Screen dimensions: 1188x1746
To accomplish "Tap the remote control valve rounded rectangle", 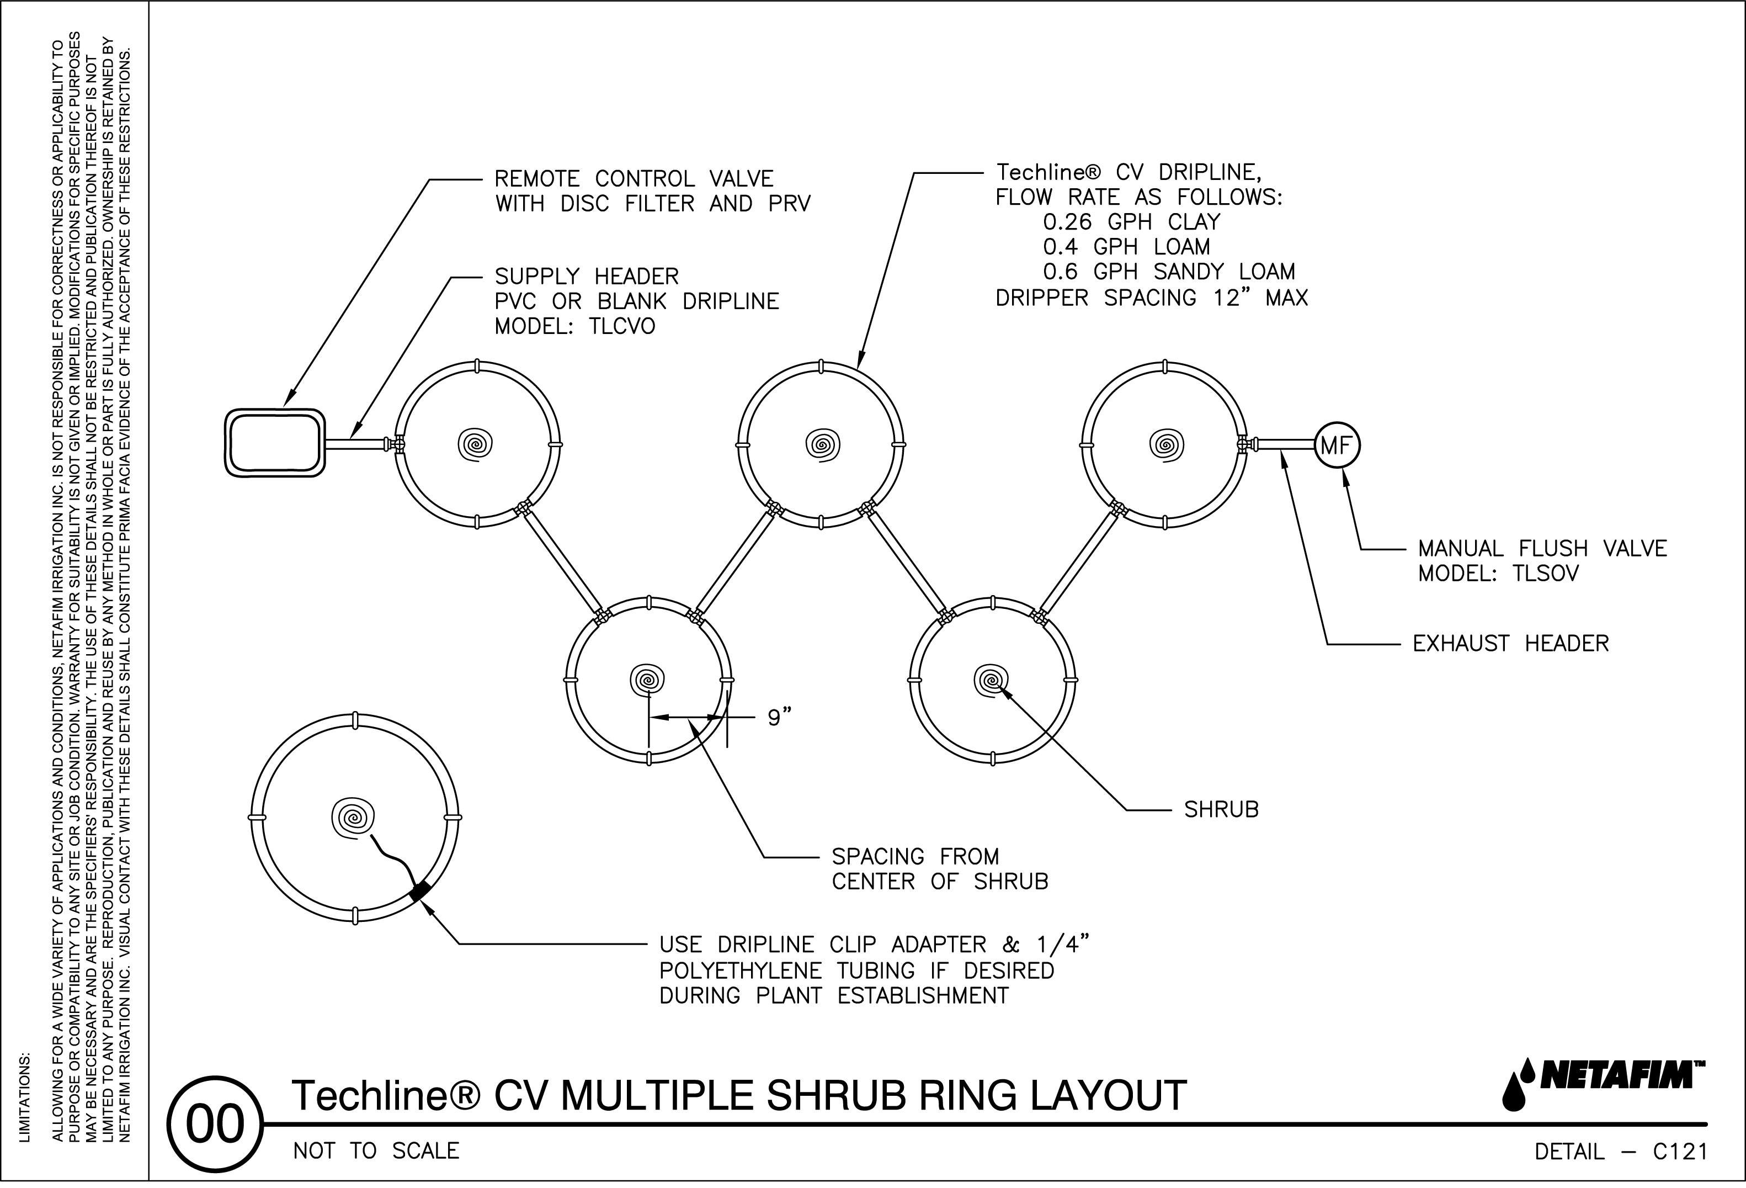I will [x=275, y=443].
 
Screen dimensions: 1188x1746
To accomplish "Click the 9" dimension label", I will [x=779, y=718].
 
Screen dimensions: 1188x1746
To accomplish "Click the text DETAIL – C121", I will [x=1621, y=1151].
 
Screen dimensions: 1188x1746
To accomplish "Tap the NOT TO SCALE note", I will [x=376, y=1151].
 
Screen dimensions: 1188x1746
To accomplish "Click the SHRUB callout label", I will [x=1221, y=810].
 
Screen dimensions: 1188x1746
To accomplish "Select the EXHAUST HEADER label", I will [x=1510, y=644].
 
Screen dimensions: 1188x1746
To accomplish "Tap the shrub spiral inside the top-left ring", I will [x=476, y=444].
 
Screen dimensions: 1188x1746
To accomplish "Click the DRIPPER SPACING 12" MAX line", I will [x=1151, y=298].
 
